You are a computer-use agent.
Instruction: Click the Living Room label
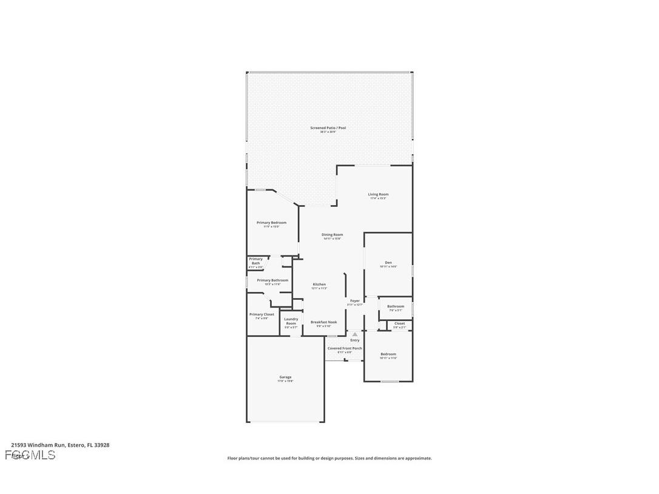(378, 195)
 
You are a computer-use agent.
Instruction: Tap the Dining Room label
(332, 235)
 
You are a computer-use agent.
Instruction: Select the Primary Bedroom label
(271, 223)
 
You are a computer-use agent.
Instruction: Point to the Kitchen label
(319, 285)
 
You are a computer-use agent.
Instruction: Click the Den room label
(388, 263)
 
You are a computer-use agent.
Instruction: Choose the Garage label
(285, 377)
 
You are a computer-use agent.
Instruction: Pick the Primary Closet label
(262, 314)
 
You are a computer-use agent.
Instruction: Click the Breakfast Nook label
(323, 322)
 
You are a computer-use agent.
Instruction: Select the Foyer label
(355, 301)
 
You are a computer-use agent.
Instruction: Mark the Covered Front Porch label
(344, 348)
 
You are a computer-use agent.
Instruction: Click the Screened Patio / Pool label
(328, 128)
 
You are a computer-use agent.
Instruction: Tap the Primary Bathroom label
(272, 280)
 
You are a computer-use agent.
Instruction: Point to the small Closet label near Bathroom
(399, 323)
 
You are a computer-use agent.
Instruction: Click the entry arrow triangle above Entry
(354, 334)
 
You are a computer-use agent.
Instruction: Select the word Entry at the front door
(354, 340)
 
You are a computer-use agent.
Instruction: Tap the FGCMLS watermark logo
(30, 455)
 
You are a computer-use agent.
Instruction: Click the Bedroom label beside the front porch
(388, 354)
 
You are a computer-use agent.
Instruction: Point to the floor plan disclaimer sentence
(329, 458)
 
